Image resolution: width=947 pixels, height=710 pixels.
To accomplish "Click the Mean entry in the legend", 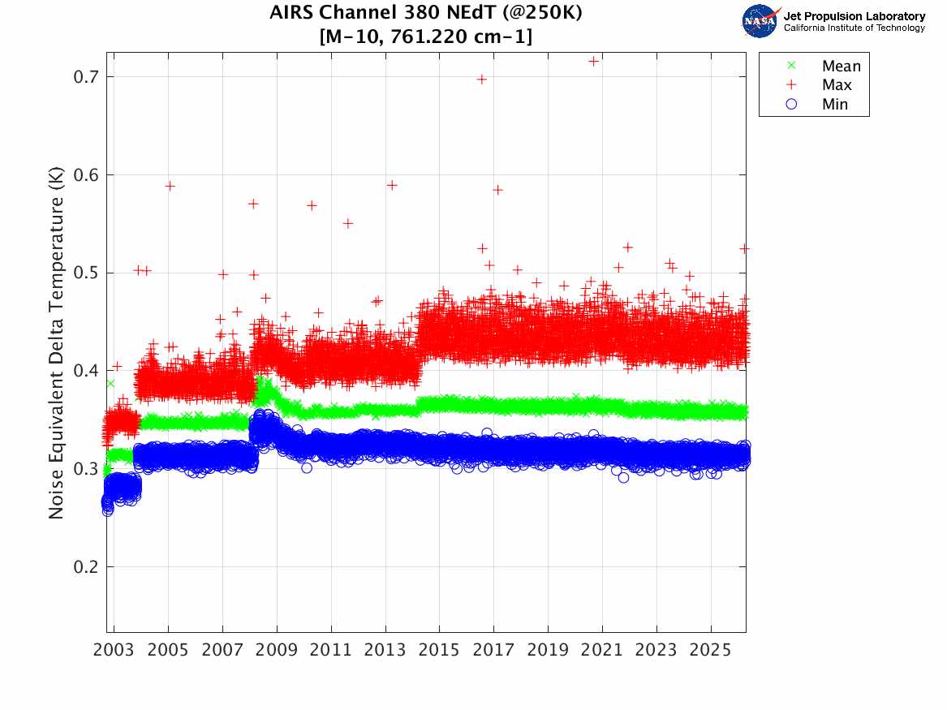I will click(x=841, y=67).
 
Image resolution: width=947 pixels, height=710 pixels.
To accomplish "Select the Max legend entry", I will click(x=837, y=85).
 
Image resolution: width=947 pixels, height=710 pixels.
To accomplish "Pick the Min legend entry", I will click(x=835, y=105).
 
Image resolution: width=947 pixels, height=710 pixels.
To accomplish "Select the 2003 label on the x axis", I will click(x=114, y=650).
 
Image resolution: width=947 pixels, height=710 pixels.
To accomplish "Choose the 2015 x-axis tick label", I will click(x=439, y=650).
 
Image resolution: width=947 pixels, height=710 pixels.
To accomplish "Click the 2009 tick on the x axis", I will click(x=277, y=650).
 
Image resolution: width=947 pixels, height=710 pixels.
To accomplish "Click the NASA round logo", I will click(x=760, y=21).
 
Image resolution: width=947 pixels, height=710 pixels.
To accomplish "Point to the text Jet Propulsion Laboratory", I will click(x=854, y=16).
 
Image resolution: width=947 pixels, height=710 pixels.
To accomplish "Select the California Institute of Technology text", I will click(x=854, y=28).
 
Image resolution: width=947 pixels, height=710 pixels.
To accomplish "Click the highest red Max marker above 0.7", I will click(x=593, y=61).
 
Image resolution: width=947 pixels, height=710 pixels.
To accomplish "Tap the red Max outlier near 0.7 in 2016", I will click(x=481, y=79).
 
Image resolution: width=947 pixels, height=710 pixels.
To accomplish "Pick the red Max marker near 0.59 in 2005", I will click(x=170, y=186).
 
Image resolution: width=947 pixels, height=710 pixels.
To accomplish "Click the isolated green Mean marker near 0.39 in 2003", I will click(x=110, y=383).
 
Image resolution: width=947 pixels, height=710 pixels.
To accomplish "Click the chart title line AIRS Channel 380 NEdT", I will click(x=425, y=14).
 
